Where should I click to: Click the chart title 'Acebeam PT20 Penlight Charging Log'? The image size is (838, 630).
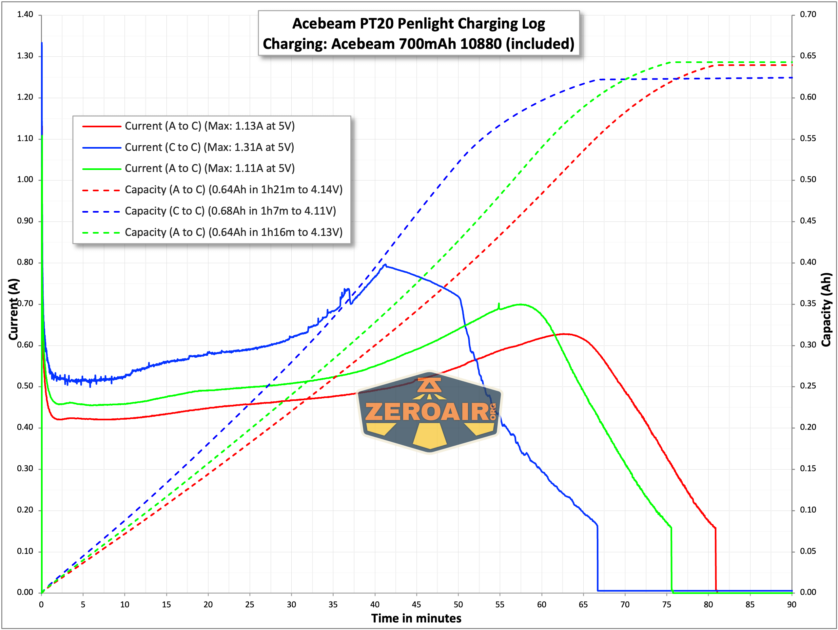click(x=418, y=24)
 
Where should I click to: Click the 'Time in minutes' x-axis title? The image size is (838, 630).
click(x=416, y=618)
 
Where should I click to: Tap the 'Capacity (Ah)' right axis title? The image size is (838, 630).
click(x=826, y=309)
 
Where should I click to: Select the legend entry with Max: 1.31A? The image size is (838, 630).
click(x=209, y=147)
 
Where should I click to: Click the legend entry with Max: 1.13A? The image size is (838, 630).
click(x=209, y=126)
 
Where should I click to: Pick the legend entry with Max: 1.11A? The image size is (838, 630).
click(x=209, y=168)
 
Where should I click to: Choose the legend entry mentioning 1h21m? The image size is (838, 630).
click(x=233, y=190)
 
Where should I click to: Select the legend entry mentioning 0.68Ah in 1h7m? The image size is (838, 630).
click(x=230, y=211)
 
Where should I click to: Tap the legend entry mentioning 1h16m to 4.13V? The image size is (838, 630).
click(x=233, y=232)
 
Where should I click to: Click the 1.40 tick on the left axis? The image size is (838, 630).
click(x=25, y=14)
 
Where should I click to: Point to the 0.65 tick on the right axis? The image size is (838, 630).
click(x=808, y=56)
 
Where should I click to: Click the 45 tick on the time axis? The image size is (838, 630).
click(x=416, y=604)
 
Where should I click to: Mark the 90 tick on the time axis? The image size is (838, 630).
click(x=791, y=604)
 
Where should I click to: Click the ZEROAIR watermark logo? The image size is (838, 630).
click(x=430, y=412)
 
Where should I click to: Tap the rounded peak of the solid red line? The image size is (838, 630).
click(x=564, y=334)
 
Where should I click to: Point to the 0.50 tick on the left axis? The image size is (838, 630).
click(x=25, y=386)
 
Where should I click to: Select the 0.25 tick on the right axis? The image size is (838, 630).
click(x=808, y=386)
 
